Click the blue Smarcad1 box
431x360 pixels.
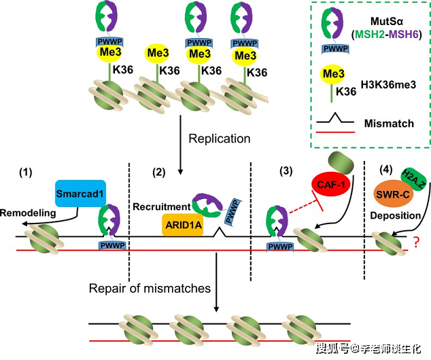(x=80, y=194)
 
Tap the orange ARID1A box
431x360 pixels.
(x=183, y=226)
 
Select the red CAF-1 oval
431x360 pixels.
(x=330, y=185)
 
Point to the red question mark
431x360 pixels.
(x=416, y=242)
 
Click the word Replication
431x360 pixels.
(x=220, y=139)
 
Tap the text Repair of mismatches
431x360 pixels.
(x=150, y=288)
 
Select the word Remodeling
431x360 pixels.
(x=28, y=213)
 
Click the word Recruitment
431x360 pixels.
(x=162, y=206)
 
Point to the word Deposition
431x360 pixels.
(x=396, y=215)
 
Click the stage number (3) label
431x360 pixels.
(x=286, y=170)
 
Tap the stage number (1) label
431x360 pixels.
(x=25, y=173)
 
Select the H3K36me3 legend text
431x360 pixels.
(x=388, y=85)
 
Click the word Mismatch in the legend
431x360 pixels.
(x=389, y=124)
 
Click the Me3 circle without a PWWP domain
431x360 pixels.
(x=157, y=53)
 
